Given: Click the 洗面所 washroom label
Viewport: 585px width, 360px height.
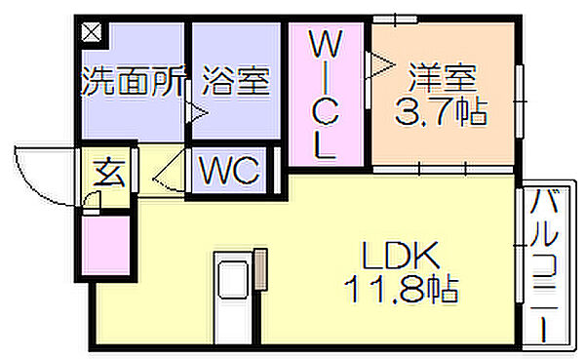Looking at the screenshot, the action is click(134, 81).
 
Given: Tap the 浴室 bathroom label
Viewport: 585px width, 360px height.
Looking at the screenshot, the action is click(236, 81).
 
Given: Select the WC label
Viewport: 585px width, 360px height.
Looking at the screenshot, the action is click(229, 171).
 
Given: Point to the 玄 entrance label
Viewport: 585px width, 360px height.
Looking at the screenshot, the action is click(108, 173).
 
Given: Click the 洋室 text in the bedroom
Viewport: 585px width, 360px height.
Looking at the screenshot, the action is click(443, 78).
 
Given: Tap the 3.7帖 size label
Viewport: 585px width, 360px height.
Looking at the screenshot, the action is click(441, 111).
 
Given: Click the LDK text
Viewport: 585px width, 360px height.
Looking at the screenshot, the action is click(401, 256).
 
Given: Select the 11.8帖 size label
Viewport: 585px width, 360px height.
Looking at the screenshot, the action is click(401, 290).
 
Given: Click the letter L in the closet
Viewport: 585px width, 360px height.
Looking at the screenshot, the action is click(325, 146).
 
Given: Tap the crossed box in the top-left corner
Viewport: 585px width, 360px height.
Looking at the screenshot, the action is click(92, 32).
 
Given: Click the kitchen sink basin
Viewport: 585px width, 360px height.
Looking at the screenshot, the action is click(233, 280).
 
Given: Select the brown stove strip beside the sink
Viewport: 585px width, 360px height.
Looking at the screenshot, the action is click(260, 269).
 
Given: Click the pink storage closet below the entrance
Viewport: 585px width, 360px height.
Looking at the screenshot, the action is click(105, 245).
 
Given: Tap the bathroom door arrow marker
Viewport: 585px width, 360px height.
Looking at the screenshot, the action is click(197, 112).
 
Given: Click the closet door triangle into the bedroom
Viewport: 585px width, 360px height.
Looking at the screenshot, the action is click(380, 64).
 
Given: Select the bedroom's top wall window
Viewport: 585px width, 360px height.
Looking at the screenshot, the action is click(395, 20).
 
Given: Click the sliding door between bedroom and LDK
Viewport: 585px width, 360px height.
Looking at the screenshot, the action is click(444, 170).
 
